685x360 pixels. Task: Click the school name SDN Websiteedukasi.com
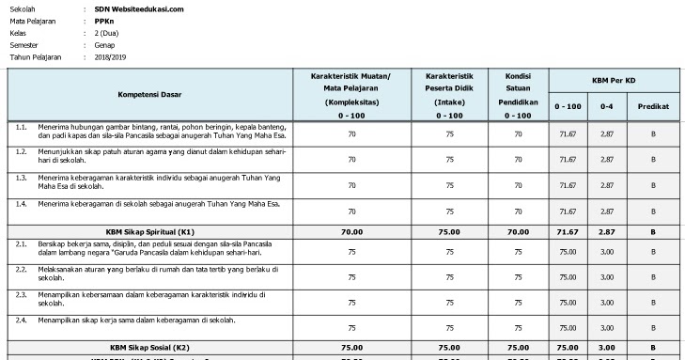click(x=139, y=8)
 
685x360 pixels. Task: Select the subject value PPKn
click(x=105, y=20)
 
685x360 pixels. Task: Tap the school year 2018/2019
click(x=110, y=56)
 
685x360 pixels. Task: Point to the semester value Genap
click(x=105, y=44)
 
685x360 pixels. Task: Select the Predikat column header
click(x=654, y=106)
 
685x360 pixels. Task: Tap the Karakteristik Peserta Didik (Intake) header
click(x=449, y=94)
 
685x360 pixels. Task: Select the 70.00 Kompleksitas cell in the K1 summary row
click(x=352, y=229)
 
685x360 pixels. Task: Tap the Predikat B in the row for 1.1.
click(x=654, y=134)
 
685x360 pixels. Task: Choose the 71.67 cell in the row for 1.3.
click(x=566, y=185)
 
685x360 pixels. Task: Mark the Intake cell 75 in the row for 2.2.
click(x=449, y=277)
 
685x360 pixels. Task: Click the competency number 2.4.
click(x=21, y=321)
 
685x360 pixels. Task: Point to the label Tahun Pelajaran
click(x=36, y=56)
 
